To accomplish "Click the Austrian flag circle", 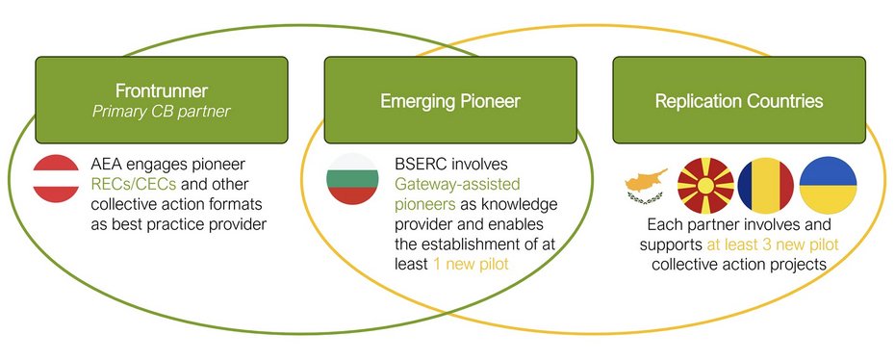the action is [56, 178].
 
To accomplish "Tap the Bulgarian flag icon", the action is [352, 179].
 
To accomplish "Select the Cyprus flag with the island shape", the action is [646, 185].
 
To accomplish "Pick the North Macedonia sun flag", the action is [705, 186].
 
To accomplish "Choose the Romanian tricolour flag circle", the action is [765, 186].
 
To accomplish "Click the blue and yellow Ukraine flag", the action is [828, 186].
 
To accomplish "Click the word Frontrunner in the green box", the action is [162, 90].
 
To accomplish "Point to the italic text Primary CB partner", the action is [162, 111].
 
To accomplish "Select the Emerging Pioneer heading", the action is [450, 101].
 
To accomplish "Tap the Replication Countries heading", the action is [739, 101].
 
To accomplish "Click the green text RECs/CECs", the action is [134, 185].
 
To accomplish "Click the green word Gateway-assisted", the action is [458, 185].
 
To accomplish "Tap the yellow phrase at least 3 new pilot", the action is [773, 244].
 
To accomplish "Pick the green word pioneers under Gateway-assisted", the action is [425, 205].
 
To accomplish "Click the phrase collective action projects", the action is [739, 264].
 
